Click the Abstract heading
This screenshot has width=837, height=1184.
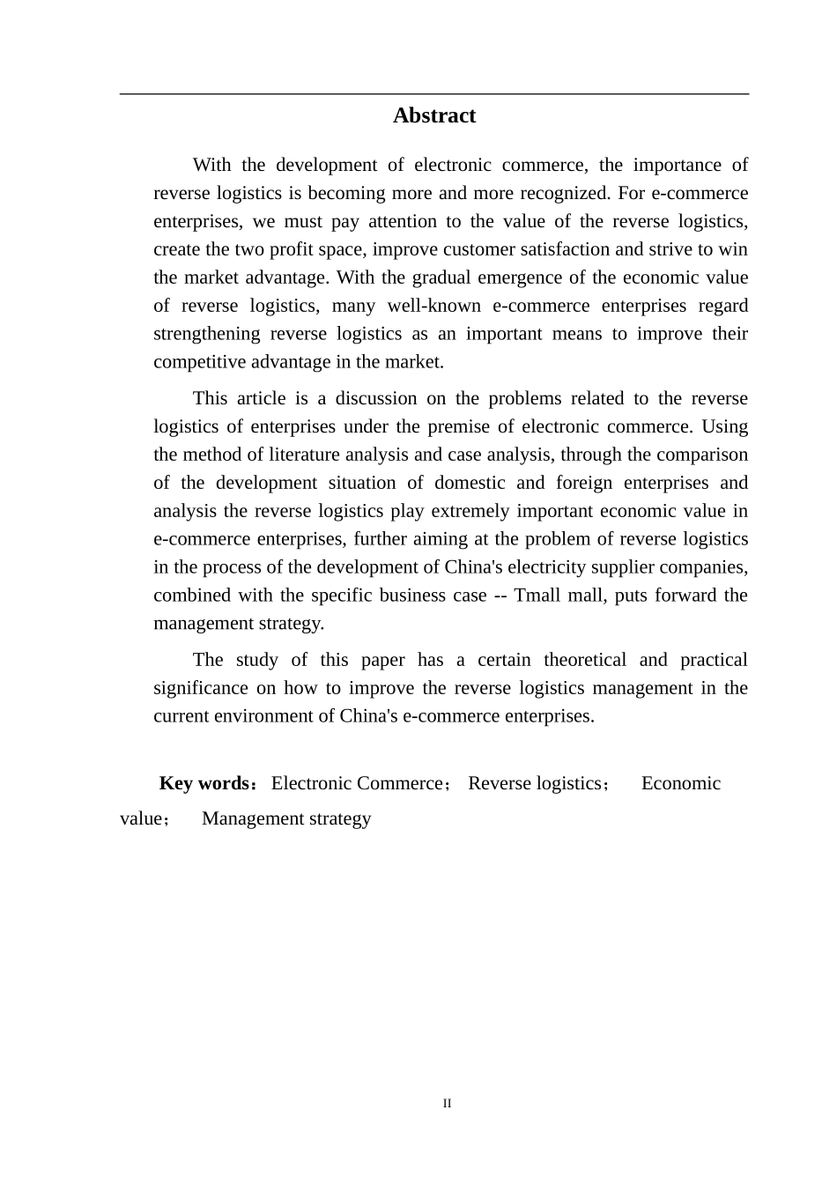click(433, 115)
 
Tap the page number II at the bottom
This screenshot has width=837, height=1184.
click(447, 1103)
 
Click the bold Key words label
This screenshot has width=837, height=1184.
click(204, 783)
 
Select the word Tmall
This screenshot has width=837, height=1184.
click(537, 595)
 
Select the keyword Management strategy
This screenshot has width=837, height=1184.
click(286, 818)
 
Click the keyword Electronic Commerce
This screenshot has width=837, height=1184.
click(357, 783)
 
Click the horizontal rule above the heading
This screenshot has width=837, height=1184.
click(433, 93)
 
